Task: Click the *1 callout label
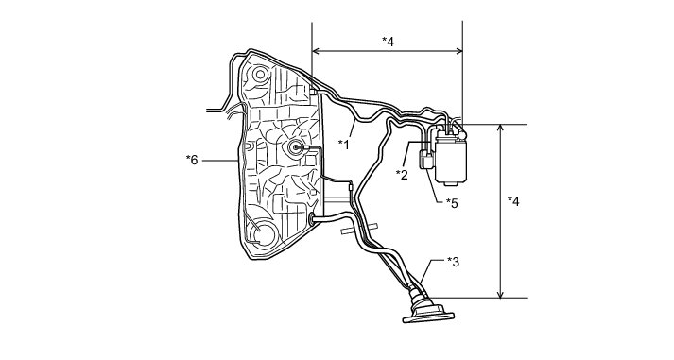[343, 145]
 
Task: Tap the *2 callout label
[402, 175]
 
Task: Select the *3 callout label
[453, 261]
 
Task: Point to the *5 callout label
[452, 203]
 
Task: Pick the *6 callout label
[192, 161]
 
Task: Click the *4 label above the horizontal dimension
[388, 42]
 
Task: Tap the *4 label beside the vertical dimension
[513, 200]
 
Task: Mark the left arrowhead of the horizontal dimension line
[315, 51]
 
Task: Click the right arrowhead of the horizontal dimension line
[459, 51]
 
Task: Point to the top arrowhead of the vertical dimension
[500, 128]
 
